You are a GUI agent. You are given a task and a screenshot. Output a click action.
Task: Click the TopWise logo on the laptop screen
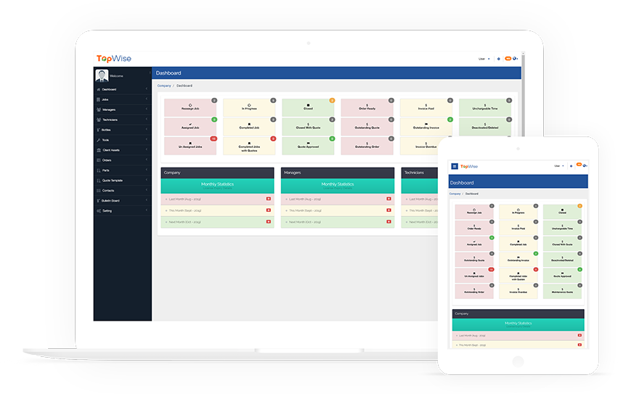click(114, 59)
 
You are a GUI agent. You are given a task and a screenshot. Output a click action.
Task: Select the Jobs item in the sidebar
click(106, 99)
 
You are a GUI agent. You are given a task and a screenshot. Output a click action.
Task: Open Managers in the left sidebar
click(110, 110)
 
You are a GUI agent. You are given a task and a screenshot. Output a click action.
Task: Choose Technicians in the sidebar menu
click(110, 120)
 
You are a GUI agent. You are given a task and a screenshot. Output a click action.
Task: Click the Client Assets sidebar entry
click(111, 150)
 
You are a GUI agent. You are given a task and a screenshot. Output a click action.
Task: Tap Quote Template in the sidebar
click(113, 180)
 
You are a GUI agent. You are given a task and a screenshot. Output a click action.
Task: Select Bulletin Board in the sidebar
click(111, 200)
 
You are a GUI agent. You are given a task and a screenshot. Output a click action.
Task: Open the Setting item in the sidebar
click(107, 210)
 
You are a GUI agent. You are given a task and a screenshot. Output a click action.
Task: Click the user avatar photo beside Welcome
click(102, 75)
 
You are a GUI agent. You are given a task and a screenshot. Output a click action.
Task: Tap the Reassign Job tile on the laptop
click(190, 107)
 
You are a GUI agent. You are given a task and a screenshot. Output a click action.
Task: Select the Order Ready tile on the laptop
click(367, 107)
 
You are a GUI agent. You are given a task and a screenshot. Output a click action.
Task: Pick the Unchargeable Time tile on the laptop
click(484, 107)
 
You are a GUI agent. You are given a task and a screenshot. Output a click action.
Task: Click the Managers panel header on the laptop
click(338, 173)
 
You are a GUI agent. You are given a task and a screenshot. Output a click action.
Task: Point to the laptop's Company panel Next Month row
click(217, 222)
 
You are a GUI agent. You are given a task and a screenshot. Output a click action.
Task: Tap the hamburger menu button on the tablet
click(455, 166)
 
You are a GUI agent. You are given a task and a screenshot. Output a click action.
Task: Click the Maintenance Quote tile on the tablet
click(563, 290)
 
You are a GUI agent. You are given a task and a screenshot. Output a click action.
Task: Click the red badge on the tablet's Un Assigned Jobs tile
click(492, 269)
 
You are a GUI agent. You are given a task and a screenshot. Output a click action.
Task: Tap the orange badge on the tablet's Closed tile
click(580, 206)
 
